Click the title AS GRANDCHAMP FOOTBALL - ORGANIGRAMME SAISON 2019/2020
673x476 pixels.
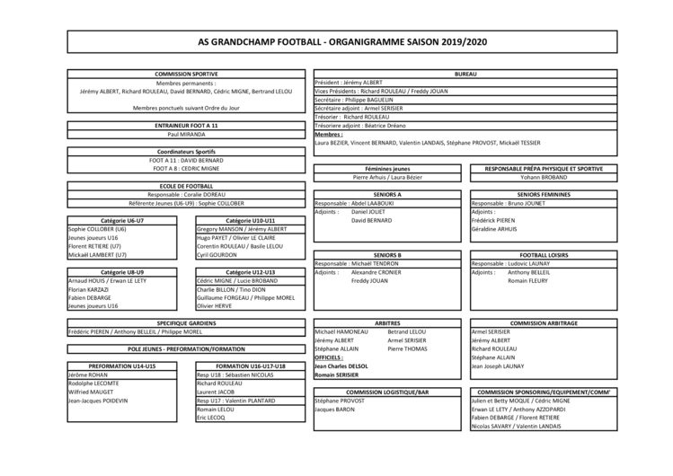pyautogui.click(x=337, y=41)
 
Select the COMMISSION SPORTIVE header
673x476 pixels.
pyautogui.click(x=186, y=75)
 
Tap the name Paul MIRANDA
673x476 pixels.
pyautogui.click(x=186, y=133)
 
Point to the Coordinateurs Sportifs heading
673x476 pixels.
pyautogui.click(x=186, y=150)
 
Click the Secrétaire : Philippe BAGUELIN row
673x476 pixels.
pyautogui.click(x=359, y=99)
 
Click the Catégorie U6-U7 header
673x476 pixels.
pyautogui.click(x=122, y=220)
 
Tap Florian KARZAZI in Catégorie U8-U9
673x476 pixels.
pyautogui.click(x=88, y=289)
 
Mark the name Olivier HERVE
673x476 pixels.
pyautogui.click(x=215, y=306)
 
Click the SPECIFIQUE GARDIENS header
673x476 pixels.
pyautogui.click(x=186, y=322)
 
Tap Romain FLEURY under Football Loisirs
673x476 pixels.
pyautogui.click(x=528, y=280)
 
